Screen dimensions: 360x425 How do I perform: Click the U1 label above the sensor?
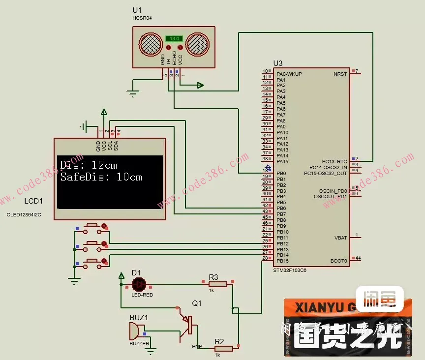pos(137,10)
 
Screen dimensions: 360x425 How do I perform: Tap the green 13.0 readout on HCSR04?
pos(174,38)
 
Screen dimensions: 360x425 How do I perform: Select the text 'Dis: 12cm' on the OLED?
pos(89,165)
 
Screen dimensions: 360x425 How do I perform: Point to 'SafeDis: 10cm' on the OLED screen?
pos(101,177)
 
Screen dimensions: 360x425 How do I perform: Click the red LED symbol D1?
pos(139,284)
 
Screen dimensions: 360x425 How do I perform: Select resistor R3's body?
pos(217,284)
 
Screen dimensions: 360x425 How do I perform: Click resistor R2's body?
pos(223,349)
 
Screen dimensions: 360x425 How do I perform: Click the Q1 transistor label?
pos(197,304)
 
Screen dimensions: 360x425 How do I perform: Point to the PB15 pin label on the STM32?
pos(282,261)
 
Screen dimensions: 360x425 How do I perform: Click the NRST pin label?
pos(340,74)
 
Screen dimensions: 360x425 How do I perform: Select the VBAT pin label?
pos(340,238)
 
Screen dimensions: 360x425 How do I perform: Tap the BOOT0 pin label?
pos(339,261)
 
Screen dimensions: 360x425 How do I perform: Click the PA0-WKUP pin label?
pos(289,74)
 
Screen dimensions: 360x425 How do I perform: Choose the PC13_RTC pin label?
pos(334,161)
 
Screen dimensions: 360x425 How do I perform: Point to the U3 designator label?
pos(278,63)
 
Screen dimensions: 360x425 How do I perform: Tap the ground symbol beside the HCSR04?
pos(132,93)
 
